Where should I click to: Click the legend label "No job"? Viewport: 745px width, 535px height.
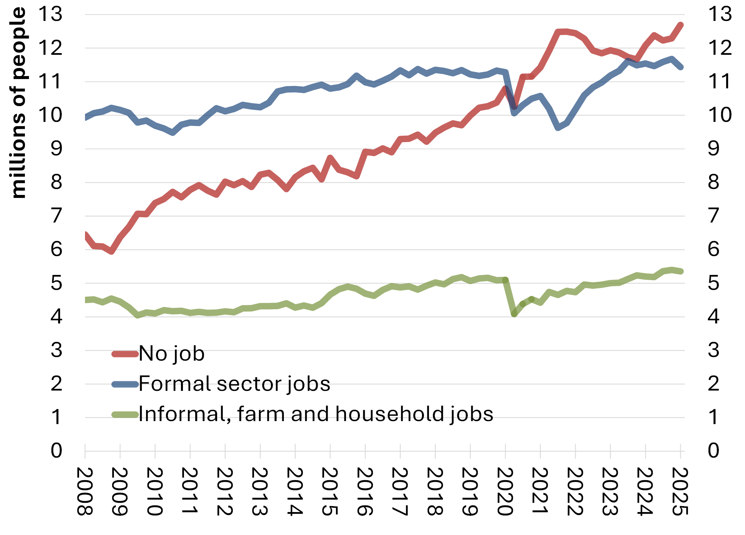point(171,354)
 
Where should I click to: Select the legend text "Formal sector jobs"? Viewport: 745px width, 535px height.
point(234,384)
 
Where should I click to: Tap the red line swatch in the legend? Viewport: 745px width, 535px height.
point(125,354)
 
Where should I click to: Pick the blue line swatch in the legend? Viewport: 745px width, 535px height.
point(125,385)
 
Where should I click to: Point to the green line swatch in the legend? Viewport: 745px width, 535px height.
point(125,414)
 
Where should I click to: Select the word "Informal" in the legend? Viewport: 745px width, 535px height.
point(182,414)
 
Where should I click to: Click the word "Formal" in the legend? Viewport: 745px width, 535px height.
point(175,384)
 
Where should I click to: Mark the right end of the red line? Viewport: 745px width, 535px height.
point(681,25)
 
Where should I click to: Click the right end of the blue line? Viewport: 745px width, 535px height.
point(681,67)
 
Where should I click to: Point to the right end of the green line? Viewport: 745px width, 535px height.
point(681,271)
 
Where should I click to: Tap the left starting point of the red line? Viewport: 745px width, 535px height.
point(85,234)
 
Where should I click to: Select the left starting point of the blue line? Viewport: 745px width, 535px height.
point(85,118)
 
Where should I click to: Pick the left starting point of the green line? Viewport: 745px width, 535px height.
point(85,300)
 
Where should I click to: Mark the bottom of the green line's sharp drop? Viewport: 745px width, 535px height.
point(514,314)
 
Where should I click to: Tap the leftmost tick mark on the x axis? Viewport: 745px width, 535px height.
point(85,455)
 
